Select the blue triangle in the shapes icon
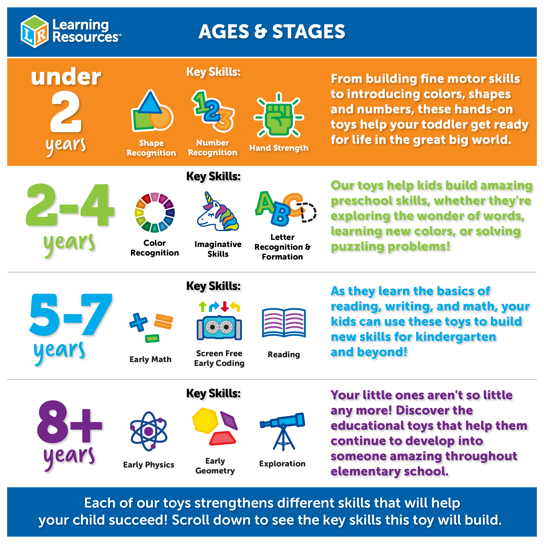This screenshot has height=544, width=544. coord(150,102)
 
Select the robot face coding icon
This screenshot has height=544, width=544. coord(219,328)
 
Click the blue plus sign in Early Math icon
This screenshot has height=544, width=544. coord(138,322)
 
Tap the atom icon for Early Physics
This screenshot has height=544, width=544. coord(149,431)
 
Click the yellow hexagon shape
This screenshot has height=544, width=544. coord(205,420)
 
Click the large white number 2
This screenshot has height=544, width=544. coord(66,111)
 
